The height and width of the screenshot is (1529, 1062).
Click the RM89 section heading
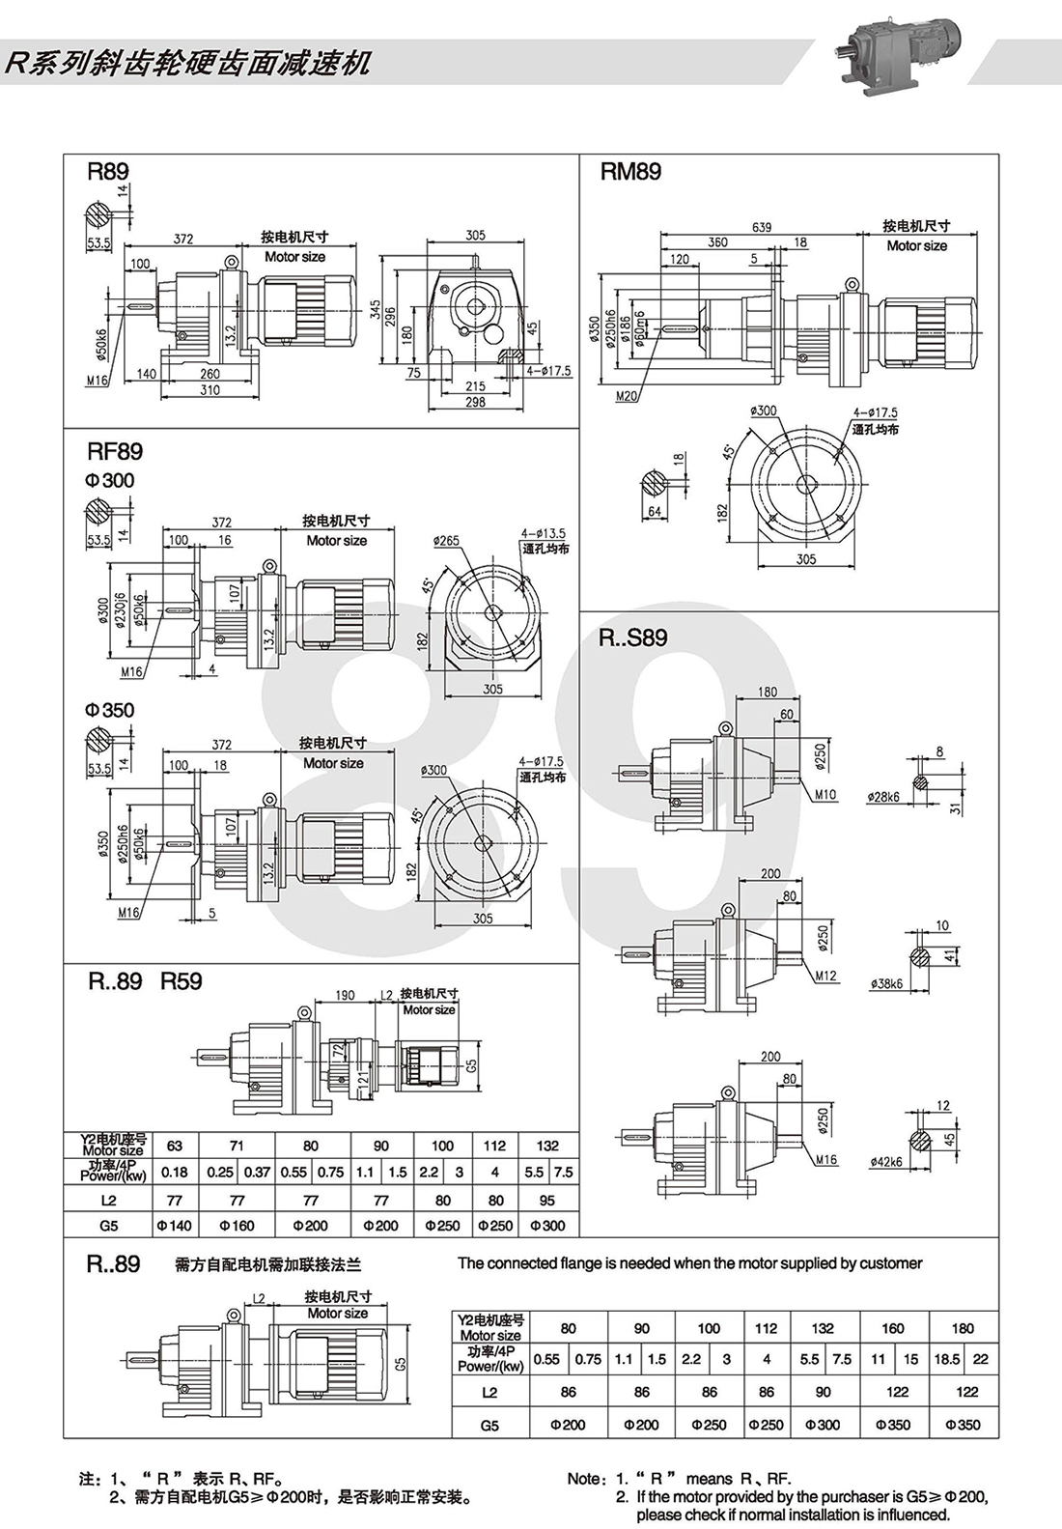click(x=630, y=172)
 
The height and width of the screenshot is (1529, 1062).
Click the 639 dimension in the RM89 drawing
click(x=762, y=228)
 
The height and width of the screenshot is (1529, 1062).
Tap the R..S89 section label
click(x=632, y=637)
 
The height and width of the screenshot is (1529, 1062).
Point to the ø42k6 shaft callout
click(x=886, y=1162)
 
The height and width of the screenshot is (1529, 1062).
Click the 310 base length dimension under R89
click(x=210, y=390)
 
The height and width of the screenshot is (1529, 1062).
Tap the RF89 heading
click(x=115, y=451)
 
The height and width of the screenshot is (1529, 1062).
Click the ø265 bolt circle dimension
click(x=446, y=541)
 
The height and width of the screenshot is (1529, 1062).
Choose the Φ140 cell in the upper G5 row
click(x=174, y=1226)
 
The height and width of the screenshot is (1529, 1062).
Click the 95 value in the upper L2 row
click(x=547, y=1201)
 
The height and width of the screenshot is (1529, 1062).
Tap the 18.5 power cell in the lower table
click(x=946, y=1359)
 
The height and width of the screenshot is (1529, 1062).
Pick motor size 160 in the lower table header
click(x=893, y=1328)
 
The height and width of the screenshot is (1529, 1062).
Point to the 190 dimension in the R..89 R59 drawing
click(x=345, y=995)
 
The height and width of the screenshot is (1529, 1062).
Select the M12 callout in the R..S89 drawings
click(x=825, y=976)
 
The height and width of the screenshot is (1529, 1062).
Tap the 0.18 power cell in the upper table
click(x=174, y=1172)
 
